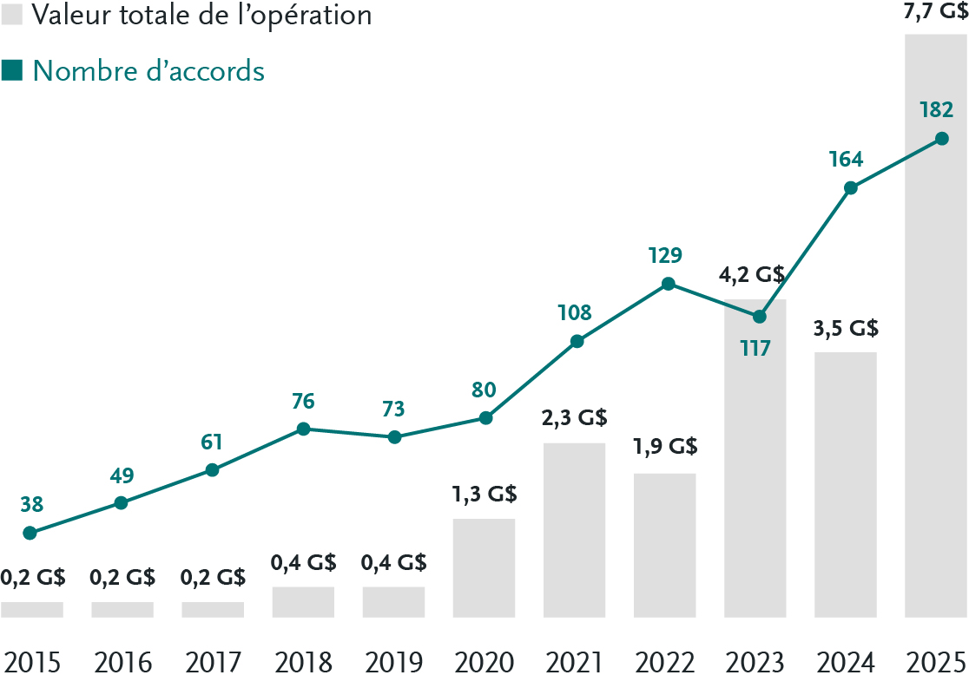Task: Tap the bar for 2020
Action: (484, 568)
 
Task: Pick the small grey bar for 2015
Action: (32, 610)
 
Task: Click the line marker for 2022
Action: (668, 284)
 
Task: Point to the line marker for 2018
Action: (303, 429)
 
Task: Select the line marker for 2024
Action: (851, 188)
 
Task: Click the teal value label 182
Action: (936, 110)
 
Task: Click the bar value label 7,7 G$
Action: (936, 13)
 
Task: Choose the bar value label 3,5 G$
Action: (846, 329)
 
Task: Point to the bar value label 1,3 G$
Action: (484, 495)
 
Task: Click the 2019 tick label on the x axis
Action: (393, 662)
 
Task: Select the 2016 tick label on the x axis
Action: (122, 662)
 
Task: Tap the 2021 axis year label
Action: (574, 662)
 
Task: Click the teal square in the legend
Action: (11, 70)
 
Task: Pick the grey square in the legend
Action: (11, 15)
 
